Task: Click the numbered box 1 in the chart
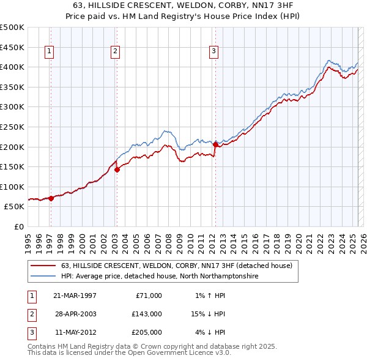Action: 49,52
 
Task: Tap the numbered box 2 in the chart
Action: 115,52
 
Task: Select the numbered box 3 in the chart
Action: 214,52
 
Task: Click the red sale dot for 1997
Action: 51,198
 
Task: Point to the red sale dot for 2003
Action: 117,169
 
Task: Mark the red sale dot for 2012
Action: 215,145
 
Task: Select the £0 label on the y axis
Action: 19,226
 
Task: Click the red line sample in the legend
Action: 43,266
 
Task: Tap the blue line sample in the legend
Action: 43,277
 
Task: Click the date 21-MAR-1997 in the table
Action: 75,296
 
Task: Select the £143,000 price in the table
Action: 147,314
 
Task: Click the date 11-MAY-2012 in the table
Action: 75,332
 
